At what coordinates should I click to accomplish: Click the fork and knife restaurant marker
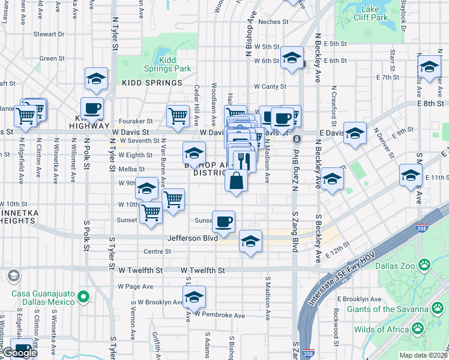point(244,160)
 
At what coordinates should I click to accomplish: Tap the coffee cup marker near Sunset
point(223,222)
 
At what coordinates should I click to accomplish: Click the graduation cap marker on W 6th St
point(292,58)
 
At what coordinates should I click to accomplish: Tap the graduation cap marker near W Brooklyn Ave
point(193,297)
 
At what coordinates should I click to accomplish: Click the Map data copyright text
point(423,355)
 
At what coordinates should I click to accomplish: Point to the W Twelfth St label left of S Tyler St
point(141,271)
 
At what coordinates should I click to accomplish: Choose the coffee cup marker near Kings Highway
point(92,109)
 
